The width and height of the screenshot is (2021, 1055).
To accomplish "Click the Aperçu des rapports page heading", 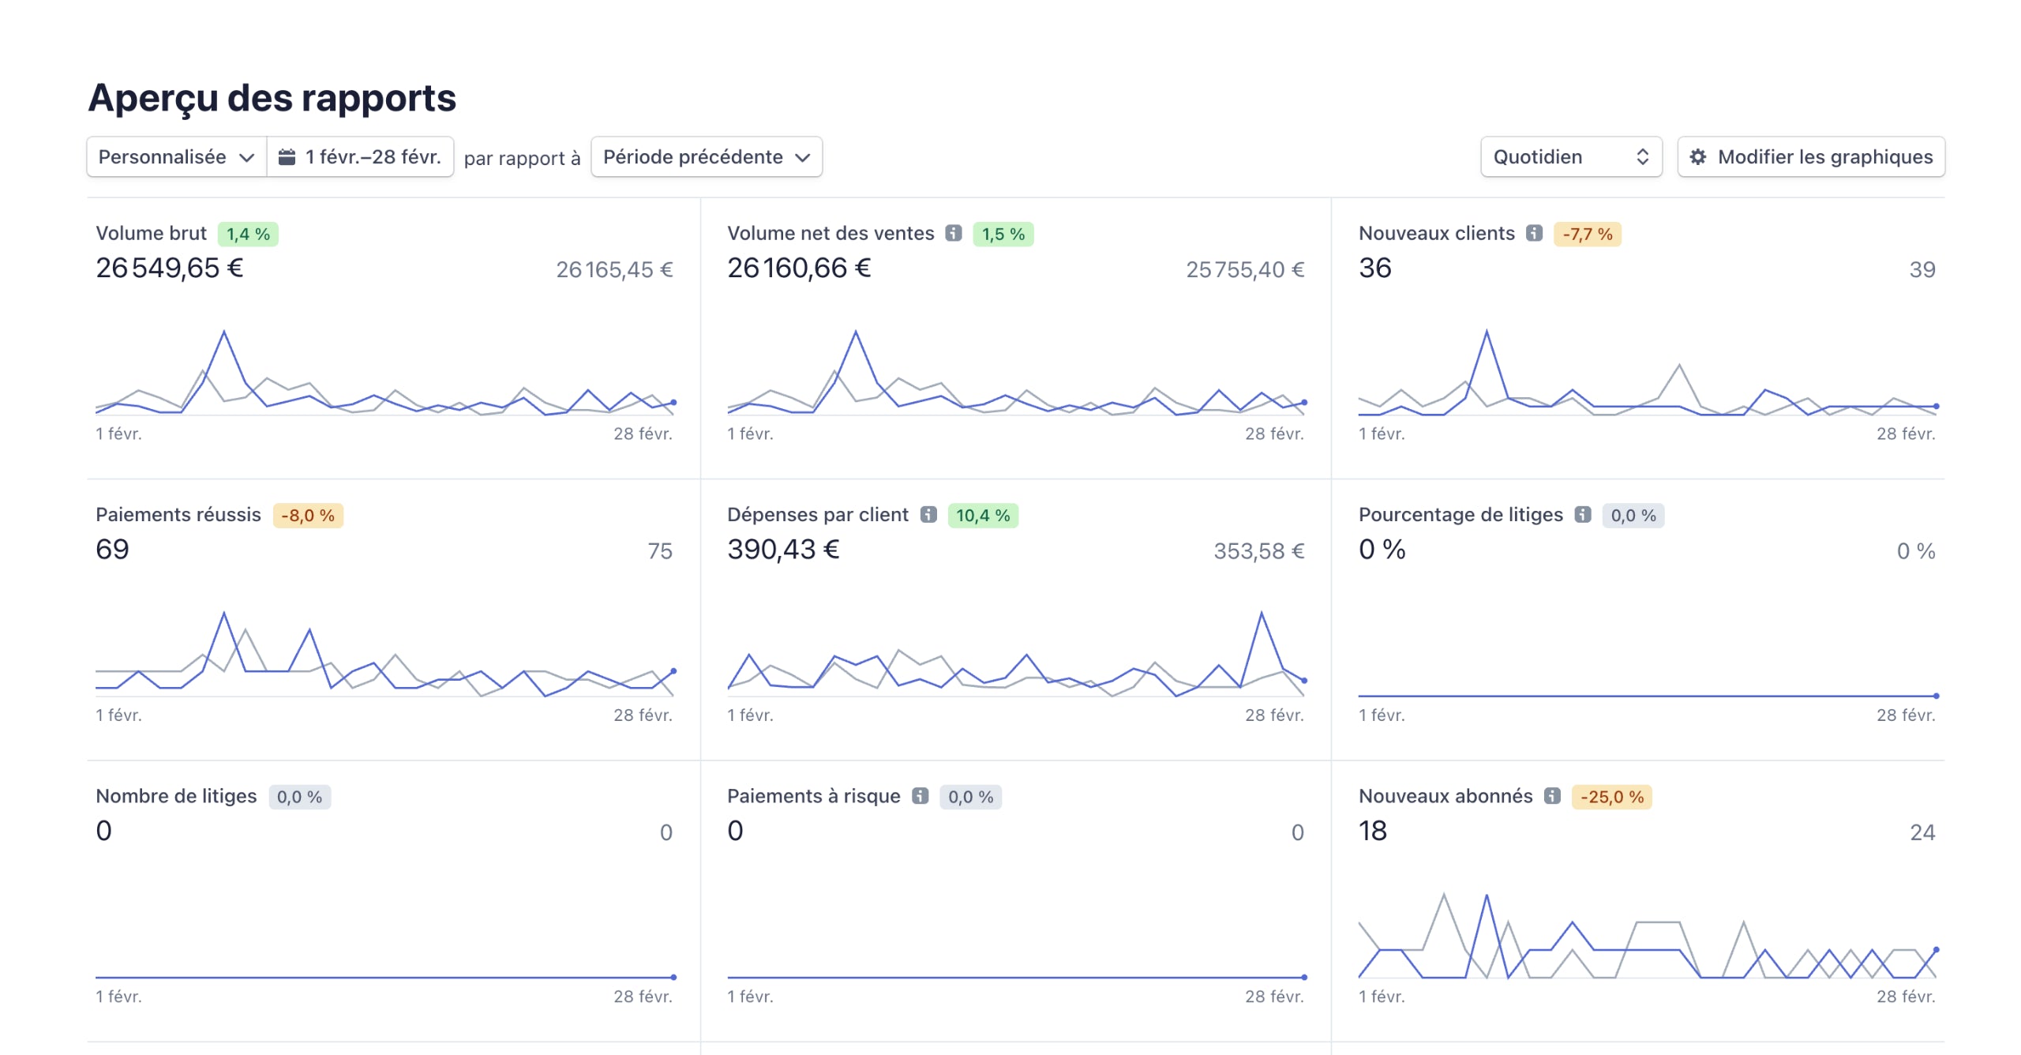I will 272,98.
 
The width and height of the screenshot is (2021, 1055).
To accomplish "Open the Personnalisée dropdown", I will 176,157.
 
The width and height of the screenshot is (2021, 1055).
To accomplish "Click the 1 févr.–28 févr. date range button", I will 361,157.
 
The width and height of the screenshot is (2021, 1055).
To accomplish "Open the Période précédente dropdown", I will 707,157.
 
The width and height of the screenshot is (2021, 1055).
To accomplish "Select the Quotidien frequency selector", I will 1570,157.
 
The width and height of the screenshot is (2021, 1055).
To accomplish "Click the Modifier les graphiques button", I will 1810,157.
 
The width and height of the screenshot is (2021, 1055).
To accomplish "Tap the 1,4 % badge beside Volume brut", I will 248,235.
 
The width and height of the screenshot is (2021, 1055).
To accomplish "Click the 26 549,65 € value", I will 169,268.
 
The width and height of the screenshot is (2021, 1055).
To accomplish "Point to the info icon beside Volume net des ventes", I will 954,233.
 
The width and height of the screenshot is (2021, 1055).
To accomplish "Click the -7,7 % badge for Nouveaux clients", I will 1587,235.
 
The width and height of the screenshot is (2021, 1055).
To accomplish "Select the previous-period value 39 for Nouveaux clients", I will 1922,270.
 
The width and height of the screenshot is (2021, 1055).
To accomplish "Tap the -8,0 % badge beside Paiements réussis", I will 308,516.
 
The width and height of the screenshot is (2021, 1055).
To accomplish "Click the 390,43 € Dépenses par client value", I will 783,550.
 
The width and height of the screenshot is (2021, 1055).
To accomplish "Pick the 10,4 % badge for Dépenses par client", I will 983,516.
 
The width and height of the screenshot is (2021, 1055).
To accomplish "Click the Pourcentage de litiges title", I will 1460,515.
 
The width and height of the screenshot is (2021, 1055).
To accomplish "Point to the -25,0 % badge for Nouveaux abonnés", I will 1611,797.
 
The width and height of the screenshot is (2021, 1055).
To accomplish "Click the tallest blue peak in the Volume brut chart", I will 224,332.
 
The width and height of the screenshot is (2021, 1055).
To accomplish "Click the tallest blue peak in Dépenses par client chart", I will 1262,614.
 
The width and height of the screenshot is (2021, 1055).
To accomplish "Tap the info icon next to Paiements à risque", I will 920,796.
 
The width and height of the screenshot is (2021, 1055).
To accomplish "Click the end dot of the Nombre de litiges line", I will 673,977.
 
